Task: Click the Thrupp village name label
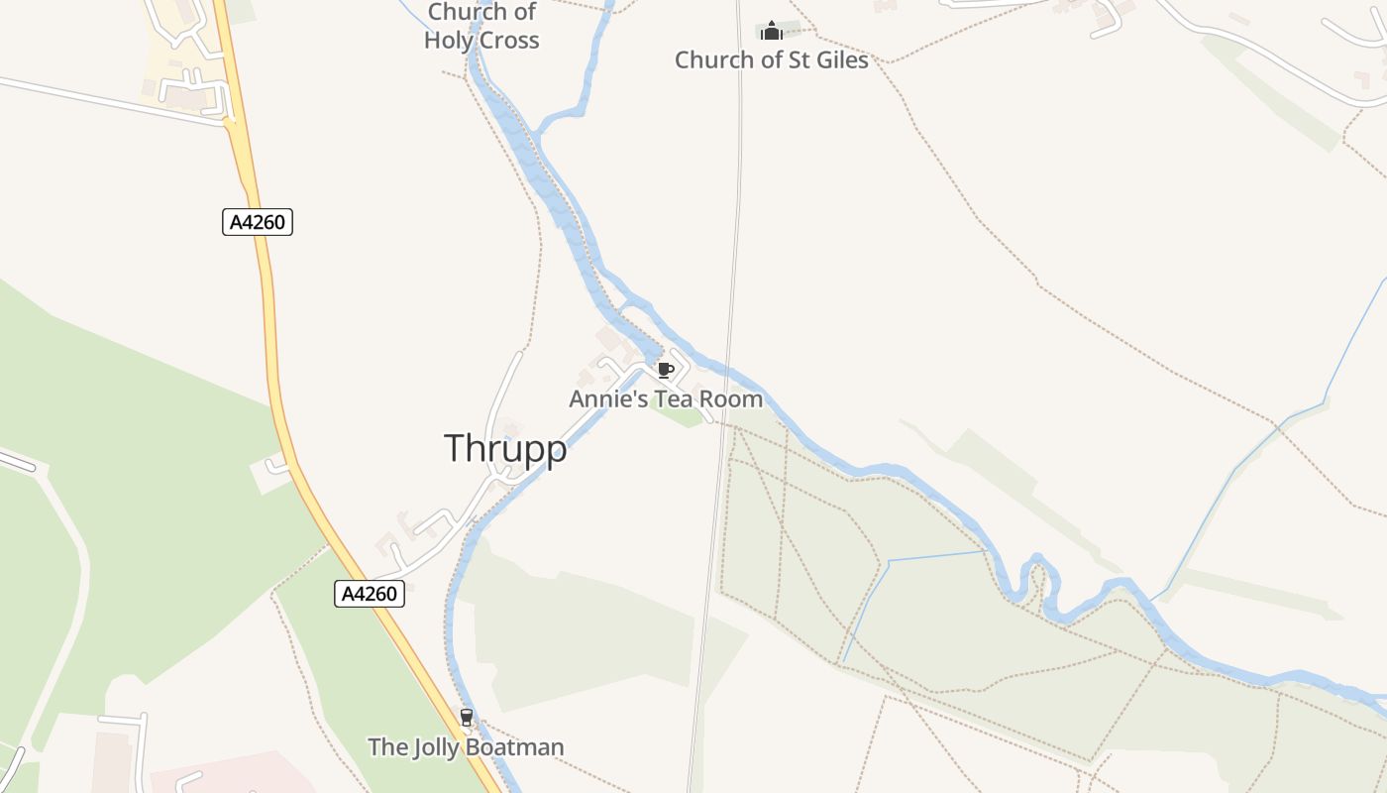(505, 448)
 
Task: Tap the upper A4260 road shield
(258, 222)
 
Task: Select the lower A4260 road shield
(370, 594)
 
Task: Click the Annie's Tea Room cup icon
(666, 371)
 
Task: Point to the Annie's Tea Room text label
(666, 399)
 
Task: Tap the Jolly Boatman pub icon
(466, 717)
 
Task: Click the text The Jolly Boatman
(466, 747)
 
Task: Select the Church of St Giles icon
(772, 31)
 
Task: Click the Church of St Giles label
(772, 60)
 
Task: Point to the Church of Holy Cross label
(482, 27)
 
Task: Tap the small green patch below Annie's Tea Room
(679, 415)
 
